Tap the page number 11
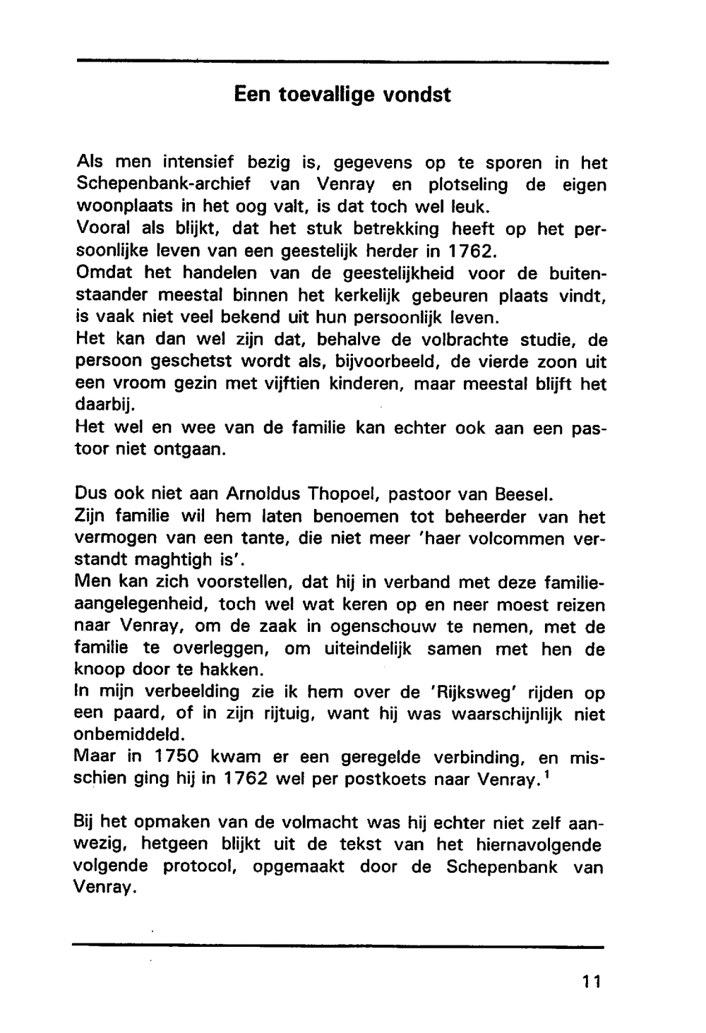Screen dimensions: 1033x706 coord(592,981)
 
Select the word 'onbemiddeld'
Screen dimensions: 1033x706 coord(124,735)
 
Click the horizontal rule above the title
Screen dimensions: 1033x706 coord(342,63)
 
